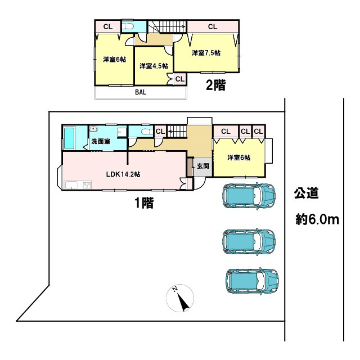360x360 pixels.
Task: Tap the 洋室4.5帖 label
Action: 154,66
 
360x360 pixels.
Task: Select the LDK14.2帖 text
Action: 123,174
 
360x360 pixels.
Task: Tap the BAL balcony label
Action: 140,93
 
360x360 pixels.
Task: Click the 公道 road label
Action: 307,195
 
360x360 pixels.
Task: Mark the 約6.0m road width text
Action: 317,219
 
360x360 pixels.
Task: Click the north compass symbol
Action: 181,299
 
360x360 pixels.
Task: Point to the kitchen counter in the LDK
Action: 78,185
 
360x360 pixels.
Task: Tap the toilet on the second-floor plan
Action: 129,26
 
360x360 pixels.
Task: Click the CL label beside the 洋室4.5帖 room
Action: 179,79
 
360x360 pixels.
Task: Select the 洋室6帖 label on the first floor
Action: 238,157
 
